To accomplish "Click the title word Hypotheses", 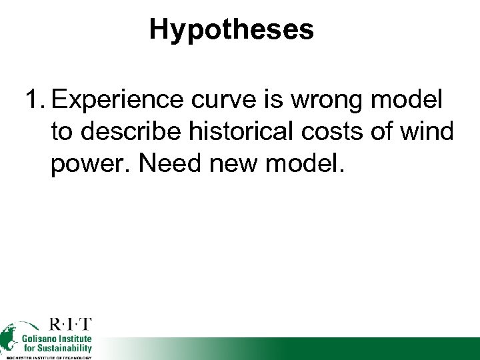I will (231, 29).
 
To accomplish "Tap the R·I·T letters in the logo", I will (71, 325).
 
